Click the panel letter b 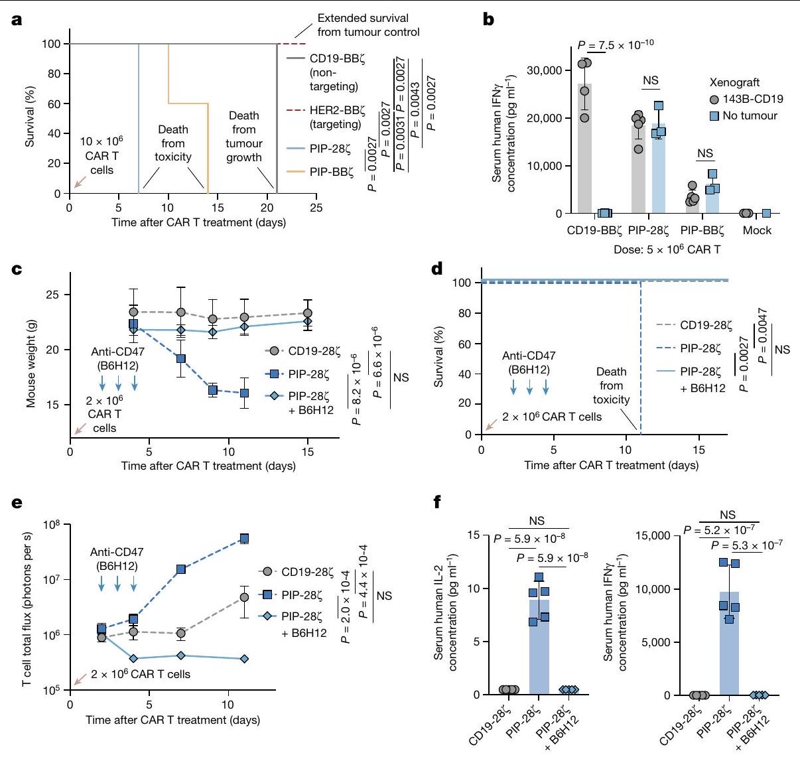(x=489, y=19)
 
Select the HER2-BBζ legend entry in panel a (x=335, y=117)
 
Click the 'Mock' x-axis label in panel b (x=757, y=230)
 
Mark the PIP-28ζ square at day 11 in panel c (x=245, y=393)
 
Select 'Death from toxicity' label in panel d (x=611, y=385)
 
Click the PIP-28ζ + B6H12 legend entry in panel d (x=702, y=380)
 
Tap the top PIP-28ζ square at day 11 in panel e (x=245, y=538)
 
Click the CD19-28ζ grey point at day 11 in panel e (x=245, y=598)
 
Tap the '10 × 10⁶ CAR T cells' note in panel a (x=101, y=156)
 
